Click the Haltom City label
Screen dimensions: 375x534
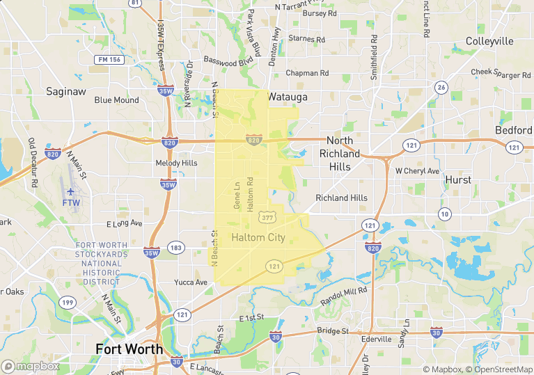pos(258,237)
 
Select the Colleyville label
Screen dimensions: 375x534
pos(489,41)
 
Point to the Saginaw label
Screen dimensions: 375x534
pos(65,91)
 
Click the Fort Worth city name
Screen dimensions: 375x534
pos(129,349)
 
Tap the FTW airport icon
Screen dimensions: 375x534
pos(70,191)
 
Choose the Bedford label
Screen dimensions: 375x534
pos(513,130)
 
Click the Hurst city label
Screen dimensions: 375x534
pos(458,179)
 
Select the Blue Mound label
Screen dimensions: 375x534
pos(117,100)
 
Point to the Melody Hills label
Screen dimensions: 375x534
pos(176,163)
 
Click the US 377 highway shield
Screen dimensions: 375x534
pos(267,218)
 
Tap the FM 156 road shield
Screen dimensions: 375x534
pos(109,60)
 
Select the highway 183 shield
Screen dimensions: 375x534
pos(176,248)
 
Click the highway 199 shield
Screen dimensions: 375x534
pos(68,302)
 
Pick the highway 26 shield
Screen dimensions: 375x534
pos(441,87)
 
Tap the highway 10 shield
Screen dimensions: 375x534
pos(444,214)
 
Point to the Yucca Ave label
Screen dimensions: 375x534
pos(191,282)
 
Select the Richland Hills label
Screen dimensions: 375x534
pos(341,198)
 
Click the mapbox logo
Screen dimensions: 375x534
pos(31,366)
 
